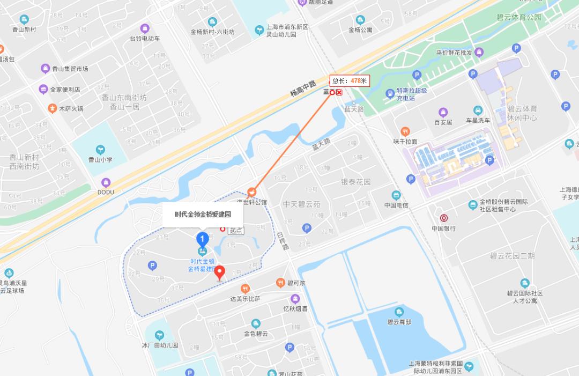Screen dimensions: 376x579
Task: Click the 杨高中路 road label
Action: (x=303, y=85)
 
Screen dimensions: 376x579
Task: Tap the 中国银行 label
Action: (x=443, y=228)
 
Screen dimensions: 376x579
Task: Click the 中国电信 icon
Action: (x=396, y=195)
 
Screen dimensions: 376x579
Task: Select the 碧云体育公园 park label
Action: (x=519, y=17)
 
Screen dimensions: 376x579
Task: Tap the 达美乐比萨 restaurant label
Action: (x=246, y=298)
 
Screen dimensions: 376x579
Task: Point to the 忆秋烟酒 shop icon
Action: (x=295, y=299)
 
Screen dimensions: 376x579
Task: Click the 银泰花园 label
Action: (x=356, y=182)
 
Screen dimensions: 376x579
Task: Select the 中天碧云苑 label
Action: (x=302, y=204)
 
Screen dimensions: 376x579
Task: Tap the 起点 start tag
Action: (x=236, y=230)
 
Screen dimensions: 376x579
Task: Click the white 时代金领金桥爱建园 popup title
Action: (x=203, y=214)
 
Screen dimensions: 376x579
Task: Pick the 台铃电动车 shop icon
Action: (x=145, y=28)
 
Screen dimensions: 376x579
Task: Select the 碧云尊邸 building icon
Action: (x=399, y=312)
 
